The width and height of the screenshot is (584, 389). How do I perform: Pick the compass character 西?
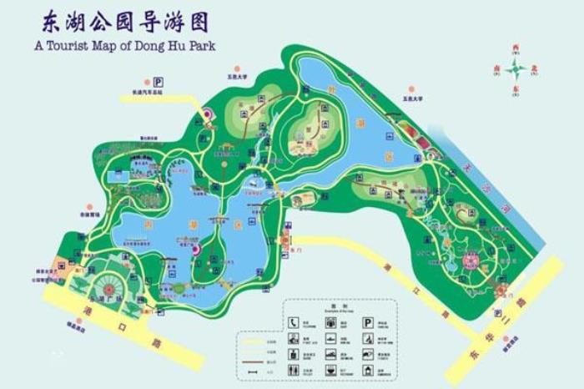[516, 51]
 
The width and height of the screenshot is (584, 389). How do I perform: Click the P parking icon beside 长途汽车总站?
[156, 81]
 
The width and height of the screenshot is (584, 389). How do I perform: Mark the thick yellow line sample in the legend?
[250, 341]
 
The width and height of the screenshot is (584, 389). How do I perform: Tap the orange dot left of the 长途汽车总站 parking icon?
[146, 81]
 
